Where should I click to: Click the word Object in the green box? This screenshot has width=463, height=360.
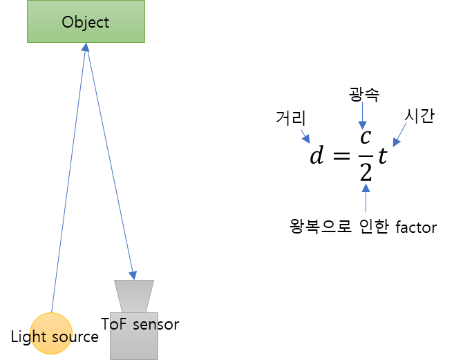point(86,22)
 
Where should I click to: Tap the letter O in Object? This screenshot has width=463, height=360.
point(67,22)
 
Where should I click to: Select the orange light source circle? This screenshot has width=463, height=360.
point(51,334)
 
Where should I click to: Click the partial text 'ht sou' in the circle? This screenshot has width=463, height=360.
point(51,337)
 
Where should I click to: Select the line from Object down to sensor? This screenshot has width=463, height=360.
point(109,159)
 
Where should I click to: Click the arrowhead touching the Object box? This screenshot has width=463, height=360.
point(86,48)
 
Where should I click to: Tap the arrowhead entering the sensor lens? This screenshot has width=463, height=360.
point(133,275)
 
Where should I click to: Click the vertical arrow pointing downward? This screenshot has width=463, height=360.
point(362,115)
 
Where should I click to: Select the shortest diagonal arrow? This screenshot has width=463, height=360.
point(305,135)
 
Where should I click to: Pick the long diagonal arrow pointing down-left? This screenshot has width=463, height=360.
point(400,134)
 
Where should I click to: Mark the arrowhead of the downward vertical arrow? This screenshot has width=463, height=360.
point(362,125)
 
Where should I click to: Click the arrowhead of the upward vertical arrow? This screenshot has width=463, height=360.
point(366,187)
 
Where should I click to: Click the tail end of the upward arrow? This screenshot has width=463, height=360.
point(366,212)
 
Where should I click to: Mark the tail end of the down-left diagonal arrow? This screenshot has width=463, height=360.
point(406,123)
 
